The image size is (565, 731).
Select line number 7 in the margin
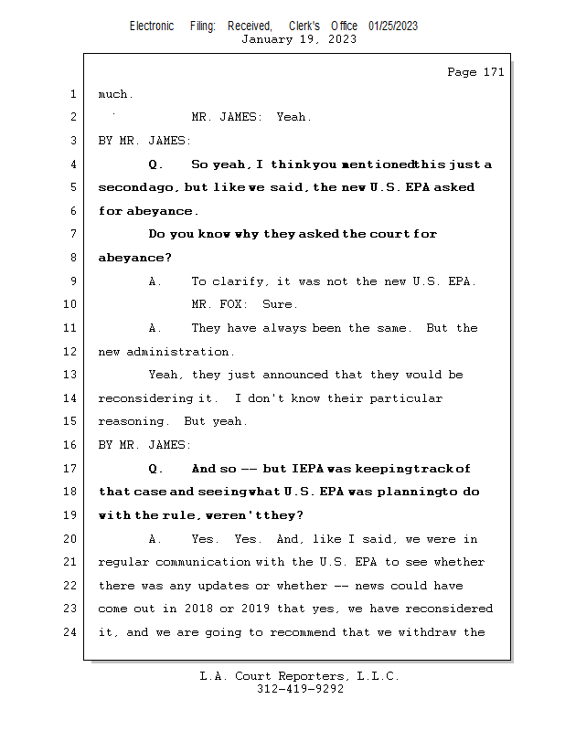[x=73, y=234]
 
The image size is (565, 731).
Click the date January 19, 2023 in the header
[x=299, y=39]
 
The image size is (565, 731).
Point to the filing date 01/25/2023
[x=393, y=26]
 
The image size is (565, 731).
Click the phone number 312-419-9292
[x=300, y=690]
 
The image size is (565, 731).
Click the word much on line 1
[x=115, y=94]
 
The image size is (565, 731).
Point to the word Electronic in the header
[x=152, y=26]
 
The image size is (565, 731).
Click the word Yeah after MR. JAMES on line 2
[x=294, y=117]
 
